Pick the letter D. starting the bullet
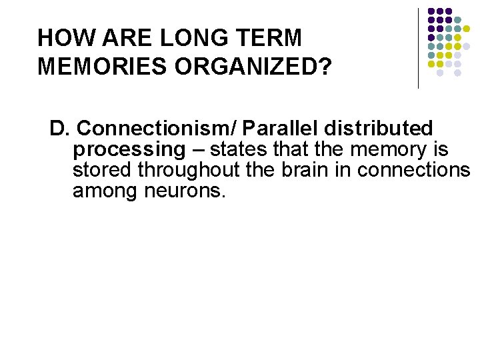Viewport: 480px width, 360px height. point(59,128)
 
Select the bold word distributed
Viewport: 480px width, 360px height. point(378,128)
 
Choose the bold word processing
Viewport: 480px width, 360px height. point(127,149)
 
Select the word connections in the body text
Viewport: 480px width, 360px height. point(413,171)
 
